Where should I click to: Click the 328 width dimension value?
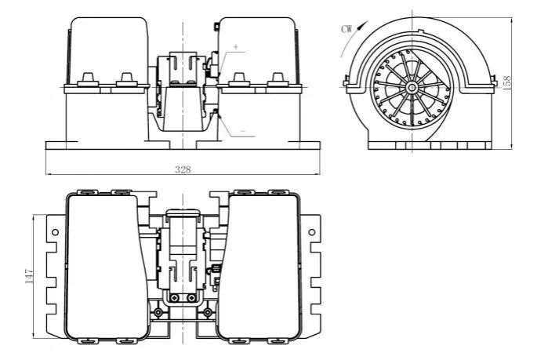[183, 169]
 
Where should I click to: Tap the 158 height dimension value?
[506, 83]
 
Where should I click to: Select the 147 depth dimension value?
[29, 276]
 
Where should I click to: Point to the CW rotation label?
[347, 29]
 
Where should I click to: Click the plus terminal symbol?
[236, 46]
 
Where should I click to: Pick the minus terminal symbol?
[243, 131]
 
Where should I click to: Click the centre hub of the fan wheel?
[412, 87]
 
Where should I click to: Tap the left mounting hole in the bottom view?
[55, 232]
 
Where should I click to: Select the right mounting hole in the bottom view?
[312, 232]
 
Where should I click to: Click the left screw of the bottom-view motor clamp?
[174, 298]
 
